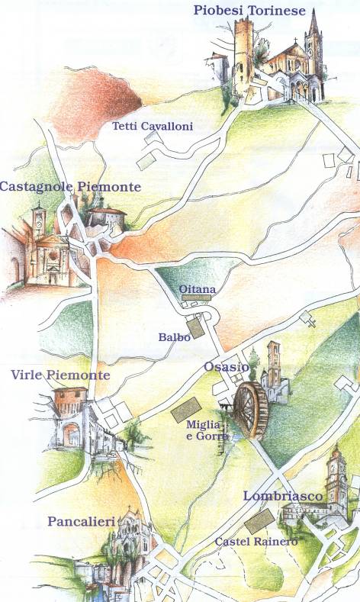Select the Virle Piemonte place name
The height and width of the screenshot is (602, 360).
tap(61, 375)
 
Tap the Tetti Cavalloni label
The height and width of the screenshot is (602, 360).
tap(152, 126)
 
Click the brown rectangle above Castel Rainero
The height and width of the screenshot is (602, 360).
tap(259, 523)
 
